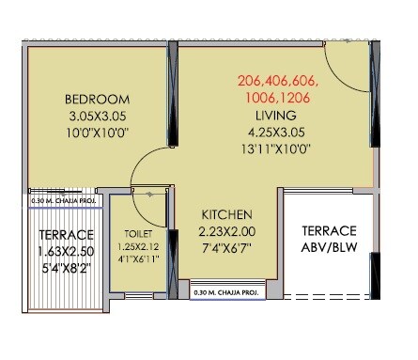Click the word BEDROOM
click(97, 99)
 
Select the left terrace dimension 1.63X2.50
click(65, 252)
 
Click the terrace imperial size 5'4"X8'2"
click(65, 269)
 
